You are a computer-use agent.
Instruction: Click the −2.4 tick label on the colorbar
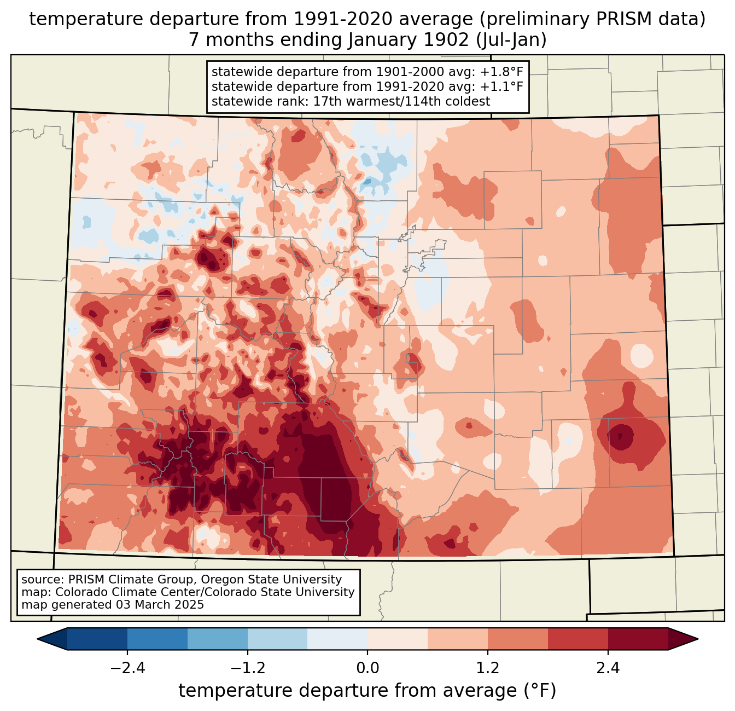pyautogui.click(x=127, y=668)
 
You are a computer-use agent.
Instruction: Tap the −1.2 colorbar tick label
pyautogui.click(x=247, y=668)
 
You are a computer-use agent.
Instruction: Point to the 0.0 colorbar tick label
pyautogui.click(x=367, y=668)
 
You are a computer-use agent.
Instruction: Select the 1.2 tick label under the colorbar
pyautogui.click(x=488, y=668)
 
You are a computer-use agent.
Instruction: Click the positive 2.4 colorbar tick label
pyautogui.click(x=608, y=668)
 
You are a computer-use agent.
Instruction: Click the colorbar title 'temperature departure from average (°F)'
pyautogui.click(x=367, y=691)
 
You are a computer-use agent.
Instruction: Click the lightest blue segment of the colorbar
pyautogui.click(x=337, y=639)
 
